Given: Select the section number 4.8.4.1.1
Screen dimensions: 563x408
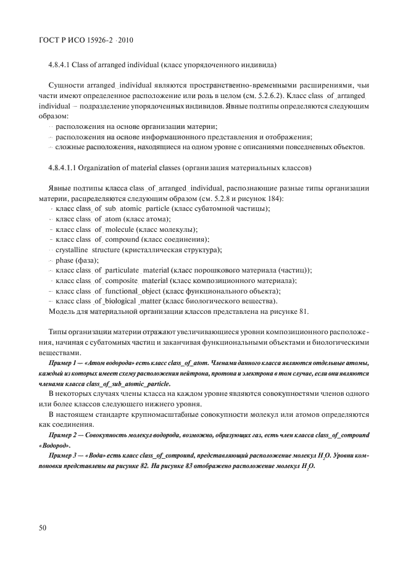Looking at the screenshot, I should click(x=65, y=168).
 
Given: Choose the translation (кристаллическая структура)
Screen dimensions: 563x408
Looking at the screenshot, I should click(x=165, y=250).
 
